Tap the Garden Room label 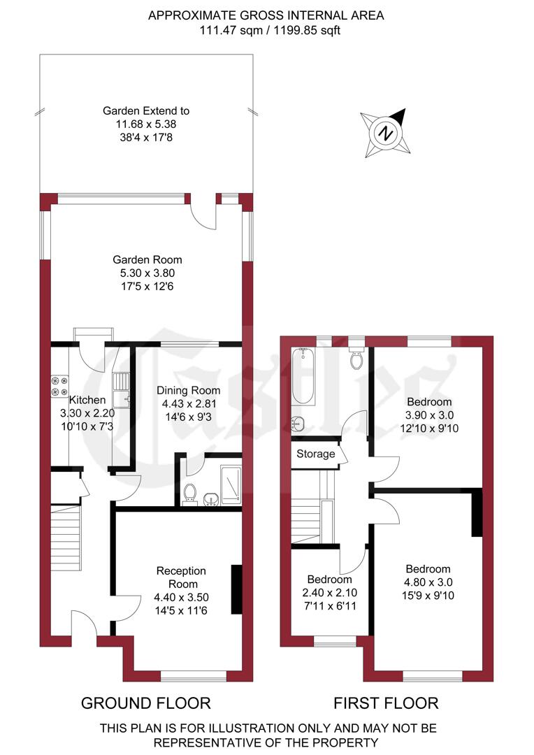[x=151, y=260]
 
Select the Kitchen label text [x=87, y=400]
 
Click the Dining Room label [x=188, y=391]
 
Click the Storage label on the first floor [x=316, y=454]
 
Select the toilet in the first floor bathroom [x=356, y=359]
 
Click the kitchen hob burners [x=59, y=387]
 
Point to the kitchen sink [x=122, y=389]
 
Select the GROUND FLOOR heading [x=146, y=703]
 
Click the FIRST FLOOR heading [x=386, y=703]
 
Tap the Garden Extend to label [x=146, y=110]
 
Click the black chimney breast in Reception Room [x=236, y=589]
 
